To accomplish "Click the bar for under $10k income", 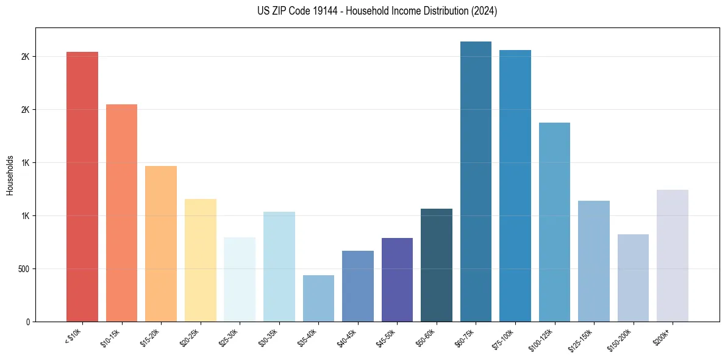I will pyautogui.click(x=82, y=186).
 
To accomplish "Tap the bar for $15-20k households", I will pyautogui.click(x=161, y=243).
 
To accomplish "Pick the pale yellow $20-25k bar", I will pyautogui.click(x=200, y=260).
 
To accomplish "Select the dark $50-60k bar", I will pyautogui.click(x=437, y=265).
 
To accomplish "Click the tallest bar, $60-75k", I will pyautogui.click(x=476, y=181).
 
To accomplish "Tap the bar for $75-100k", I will pyautogui.click(x=515, y=185).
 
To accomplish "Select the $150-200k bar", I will pyautogui.click(x=633, y=278).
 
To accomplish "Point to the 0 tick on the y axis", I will pyautogui.click(x=28, y=322).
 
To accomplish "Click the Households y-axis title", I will pyautogui.click(x=10, y=175).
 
